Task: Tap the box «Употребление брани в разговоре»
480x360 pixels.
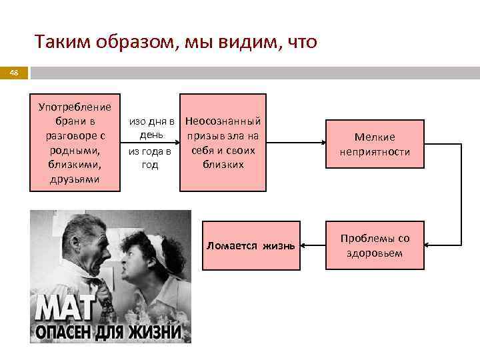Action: click(x=75, y=143)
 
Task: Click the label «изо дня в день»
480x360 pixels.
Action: click(x=151, y=129)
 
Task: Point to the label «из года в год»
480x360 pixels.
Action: click(x=150, y=158)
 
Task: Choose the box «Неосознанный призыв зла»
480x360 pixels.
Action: click(x=223, y=143)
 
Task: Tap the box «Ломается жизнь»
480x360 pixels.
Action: click(x=251, y=245)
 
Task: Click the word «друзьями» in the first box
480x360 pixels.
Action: click(x=75, y=179)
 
